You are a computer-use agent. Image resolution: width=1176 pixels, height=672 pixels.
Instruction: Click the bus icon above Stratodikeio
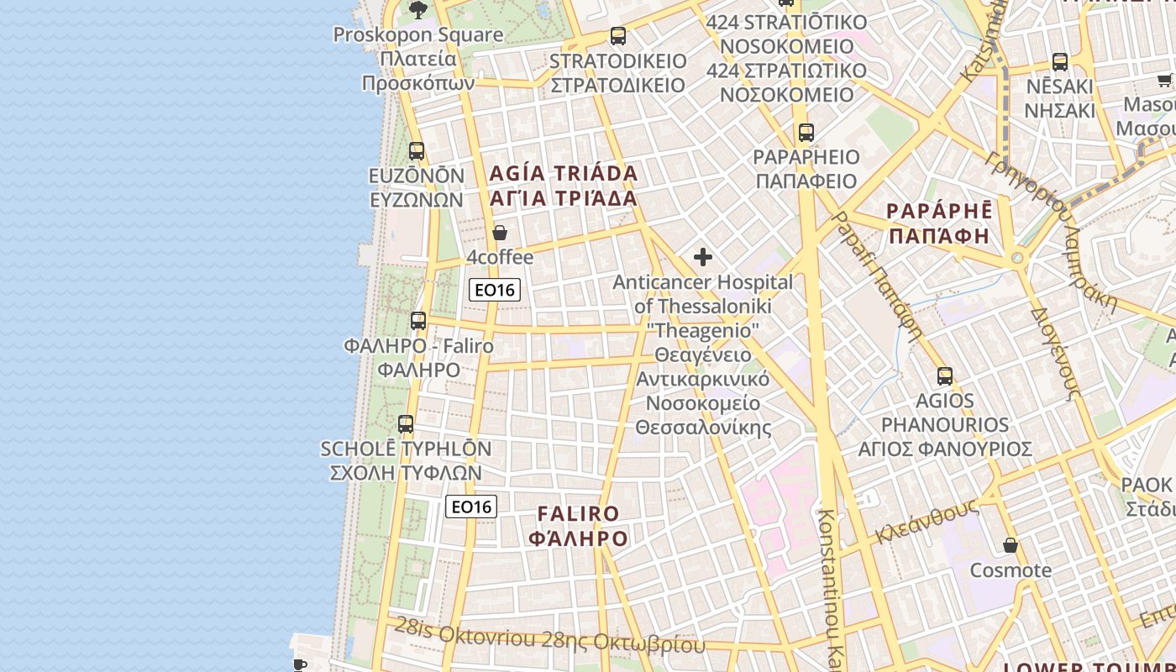pos(618,36)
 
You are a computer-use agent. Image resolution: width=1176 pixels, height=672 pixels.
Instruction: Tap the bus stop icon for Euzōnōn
pos(417,151)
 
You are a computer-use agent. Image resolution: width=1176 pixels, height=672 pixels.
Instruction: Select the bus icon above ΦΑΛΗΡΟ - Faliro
pos(418,321)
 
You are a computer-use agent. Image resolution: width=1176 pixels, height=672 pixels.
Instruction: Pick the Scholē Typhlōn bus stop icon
pos(406,424)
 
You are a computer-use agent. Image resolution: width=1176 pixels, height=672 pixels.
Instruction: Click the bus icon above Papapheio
pos(806,133)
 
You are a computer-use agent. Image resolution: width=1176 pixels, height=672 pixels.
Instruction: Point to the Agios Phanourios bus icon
pos(945,376)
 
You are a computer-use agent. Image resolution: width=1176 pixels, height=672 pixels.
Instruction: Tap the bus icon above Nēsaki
pos(1060,62)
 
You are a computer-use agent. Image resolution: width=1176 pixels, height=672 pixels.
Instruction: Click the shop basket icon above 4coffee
pos(500,233)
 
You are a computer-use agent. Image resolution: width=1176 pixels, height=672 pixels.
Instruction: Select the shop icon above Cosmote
pos(1011,546)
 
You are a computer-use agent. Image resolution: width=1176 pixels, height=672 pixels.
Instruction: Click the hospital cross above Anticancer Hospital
pos(703,257)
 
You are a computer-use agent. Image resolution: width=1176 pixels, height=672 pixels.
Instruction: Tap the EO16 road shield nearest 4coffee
pos(495,290)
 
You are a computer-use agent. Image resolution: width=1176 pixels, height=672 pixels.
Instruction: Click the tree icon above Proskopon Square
pos(417,10)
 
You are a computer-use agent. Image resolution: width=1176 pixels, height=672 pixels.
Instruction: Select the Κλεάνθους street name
pos(927,521)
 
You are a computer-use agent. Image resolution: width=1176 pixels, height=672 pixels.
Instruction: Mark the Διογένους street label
pos(1055,353)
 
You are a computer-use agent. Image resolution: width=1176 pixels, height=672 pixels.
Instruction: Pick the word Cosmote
pos(1011,570)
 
